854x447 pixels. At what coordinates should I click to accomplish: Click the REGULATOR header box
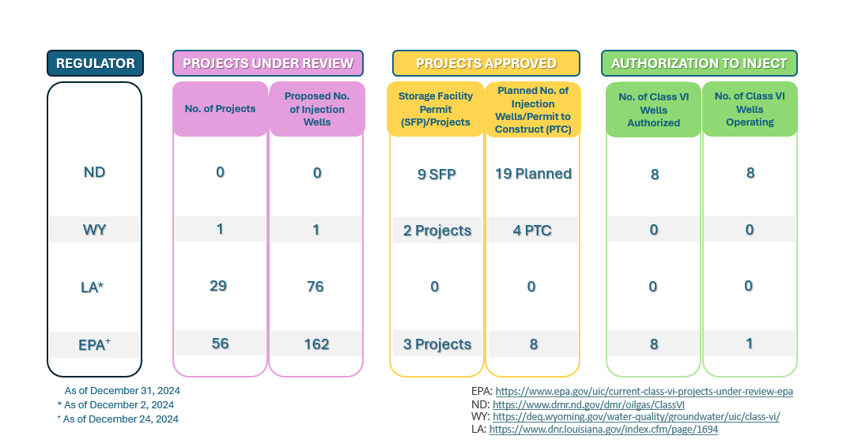pyautogui.click(x=95, y=63)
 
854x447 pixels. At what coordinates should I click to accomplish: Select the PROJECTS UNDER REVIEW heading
pyautogui.click(x=268, y=63)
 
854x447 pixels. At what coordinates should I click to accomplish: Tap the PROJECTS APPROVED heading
pyautogui.click(x=486, y=63)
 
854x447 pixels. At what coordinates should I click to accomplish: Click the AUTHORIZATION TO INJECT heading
pyautogui.click(x=699, y=63)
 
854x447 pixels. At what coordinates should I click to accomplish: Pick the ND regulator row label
pyautogui.click(x=95, y=172)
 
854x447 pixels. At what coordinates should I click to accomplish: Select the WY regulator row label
pyautogui.click(x=95, y=230)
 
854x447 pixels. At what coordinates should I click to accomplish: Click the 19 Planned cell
pyautogui.click(x=533, y=174)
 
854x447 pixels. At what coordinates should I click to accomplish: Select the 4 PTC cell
pyautogui.click(x=533, y=231)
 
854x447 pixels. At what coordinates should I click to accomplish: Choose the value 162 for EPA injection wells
pyautogui.click(x=316, y=344)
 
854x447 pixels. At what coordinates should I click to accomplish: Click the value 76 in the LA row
pyautogui.click(x=316, y=286)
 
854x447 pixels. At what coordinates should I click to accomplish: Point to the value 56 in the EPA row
pyautogui.click(x=220, y=343)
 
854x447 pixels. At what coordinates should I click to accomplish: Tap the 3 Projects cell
pyautogui.click(x=436, y=344)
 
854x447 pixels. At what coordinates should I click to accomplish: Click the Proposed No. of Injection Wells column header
pyautogui.click(x=316, y=109)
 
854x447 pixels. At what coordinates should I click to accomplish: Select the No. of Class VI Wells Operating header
pyautogui.click(x=750, y=109)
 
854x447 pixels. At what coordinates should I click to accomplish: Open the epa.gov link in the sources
pyautogui.click(x=643, y=391)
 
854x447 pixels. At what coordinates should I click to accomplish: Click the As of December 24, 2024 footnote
pyautogui.click(x=120, y=419)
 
